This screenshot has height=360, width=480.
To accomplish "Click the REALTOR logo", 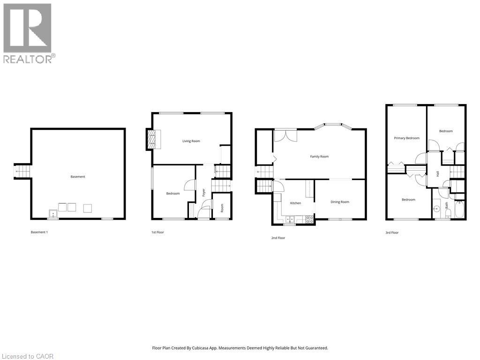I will (x=28, y=33).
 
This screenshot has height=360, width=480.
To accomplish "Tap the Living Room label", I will (x=191, y=141).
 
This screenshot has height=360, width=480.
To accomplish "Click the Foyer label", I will (x=204, y=192).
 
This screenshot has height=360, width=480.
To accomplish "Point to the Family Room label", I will (x=319, y=157).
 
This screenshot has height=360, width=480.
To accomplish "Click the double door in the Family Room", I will (x=286, y=135).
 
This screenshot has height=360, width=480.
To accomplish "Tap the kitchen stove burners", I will (x=309, y=218).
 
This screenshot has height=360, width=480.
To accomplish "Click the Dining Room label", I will (x=340, y=202).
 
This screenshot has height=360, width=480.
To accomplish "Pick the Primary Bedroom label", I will (x=406, y=138).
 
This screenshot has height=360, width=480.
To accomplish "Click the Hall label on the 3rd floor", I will (x=438, y=173).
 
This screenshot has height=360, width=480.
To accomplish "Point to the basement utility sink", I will (x=53, y=214).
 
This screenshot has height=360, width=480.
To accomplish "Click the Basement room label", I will (x=78, y=177).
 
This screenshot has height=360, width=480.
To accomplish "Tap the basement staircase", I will (x=22, y=172).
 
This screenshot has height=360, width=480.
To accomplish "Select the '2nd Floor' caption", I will (x=278, y=238).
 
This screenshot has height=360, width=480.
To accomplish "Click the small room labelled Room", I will (x=222, y=207).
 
